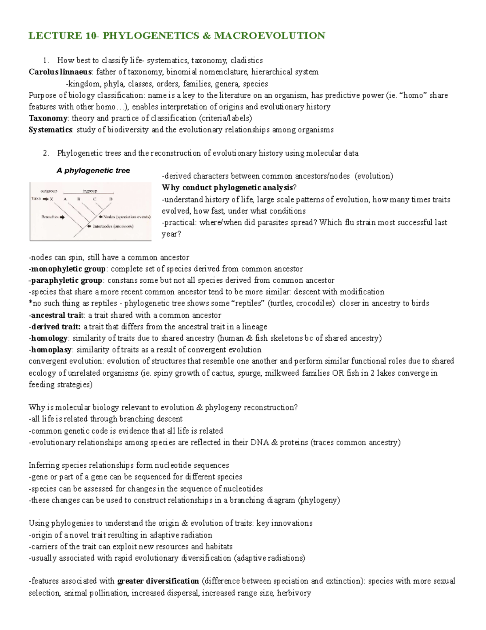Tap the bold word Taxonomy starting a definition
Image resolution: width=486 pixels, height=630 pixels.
pos(48,118)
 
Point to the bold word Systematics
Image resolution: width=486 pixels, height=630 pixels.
pos(51,130)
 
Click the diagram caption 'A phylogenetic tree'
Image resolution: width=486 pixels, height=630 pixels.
pos(93,171)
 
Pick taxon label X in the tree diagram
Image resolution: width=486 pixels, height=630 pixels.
pos(51,199)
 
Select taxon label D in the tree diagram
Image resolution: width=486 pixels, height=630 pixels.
pos(111,199)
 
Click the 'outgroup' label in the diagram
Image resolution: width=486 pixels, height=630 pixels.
pos(49,191)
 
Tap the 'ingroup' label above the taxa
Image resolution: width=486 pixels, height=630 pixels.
pos(90,191)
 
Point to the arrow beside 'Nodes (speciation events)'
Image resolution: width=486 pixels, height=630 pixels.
pos(100,217)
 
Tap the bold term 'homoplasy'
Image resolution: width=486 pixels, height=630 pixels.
pos(51,350)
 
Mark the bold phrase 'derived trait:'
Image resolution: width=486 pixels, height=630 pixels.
pos(56,327)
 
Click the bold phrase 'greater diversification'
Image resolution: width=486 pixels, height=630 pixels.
pos(158,581)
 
